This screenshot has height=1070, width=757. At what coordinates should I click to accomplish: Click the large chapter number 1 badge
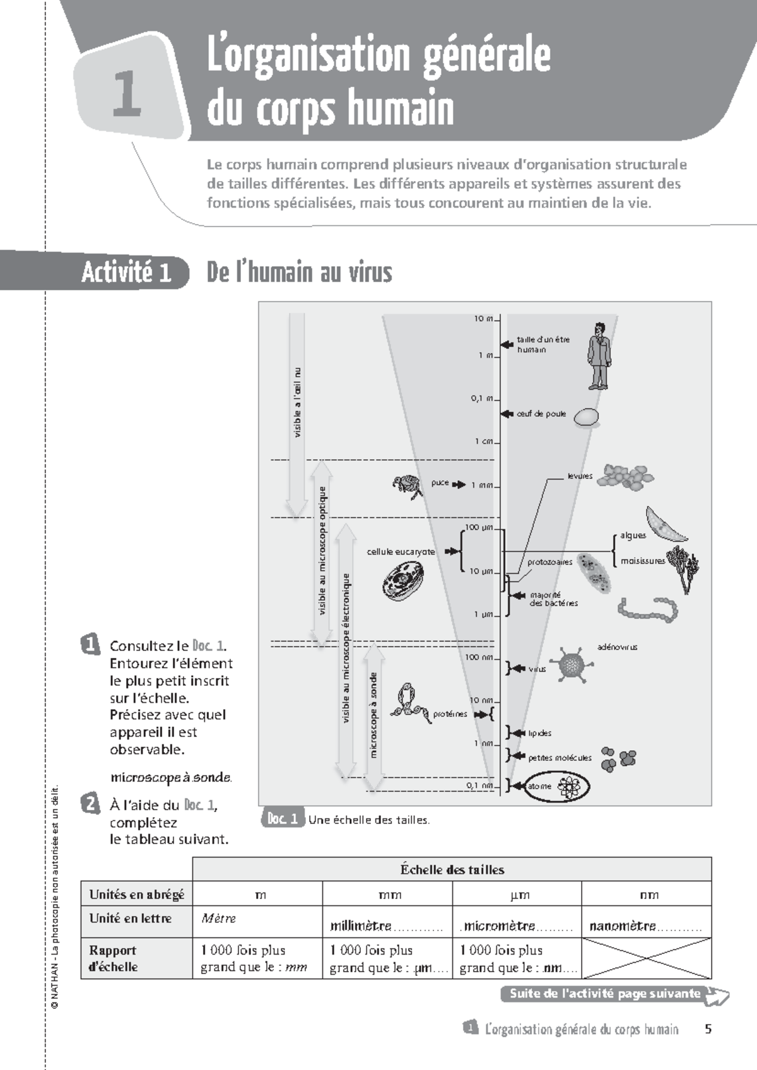127,95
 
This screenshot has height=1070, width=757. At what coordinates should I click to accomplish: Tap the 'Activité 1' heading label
126,273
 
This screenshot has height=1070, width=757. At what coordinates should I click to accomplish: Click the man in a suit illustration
598,356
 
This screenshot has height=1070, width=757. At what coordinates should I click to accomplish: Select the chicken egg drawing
586,416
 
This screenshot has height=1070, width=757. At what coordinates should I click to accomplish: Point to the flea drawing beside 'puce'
407,486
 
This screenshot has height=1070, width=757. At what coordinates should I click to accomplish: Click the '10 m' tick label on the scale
484,319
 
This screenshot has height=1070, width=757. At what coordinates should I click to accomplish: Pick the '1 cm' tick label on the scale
484,441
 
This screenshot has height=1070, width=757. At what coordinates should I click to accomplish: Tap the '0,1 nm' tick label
479,785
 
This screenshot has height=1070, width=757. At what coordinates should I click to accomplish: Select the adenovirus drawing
572,664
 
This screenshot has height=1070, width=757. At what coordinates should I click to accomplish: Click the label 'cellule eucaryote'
401,551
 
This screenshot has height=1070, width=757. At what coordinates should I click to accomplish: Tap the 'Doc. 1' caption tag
282,819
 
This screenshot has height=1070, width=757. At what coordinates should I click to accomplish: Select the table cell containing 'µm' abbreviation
517,894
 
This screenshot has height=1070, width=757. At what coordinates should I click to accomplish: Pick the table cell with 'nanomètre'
646,922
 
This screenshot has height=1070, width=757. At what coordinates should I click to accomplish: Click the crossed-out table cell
646,958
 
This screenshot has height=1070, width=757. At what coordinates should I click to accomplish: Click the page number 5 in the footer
708,1029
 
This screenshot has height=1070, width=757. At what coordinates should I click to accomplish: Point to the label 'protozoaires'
550,561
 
